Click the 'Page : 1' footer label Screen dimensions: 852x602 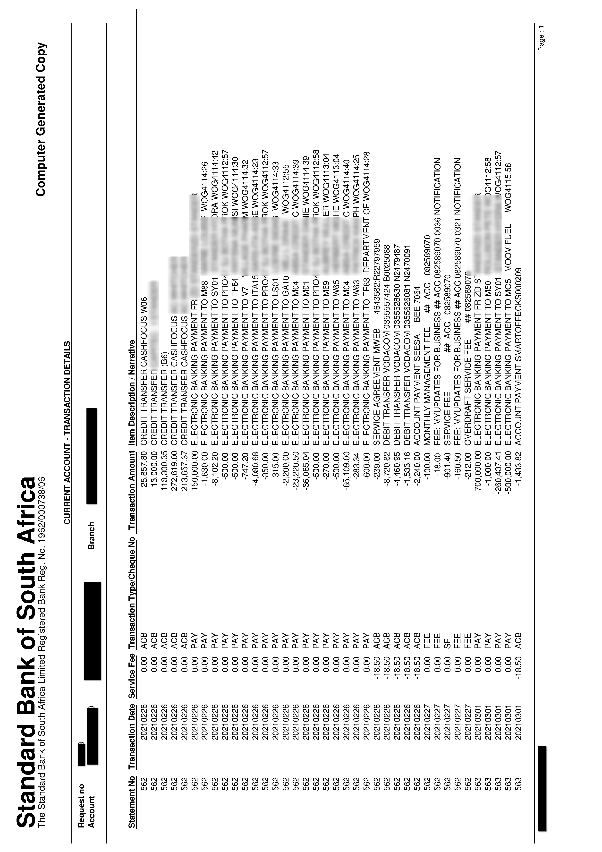[542, 37]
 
